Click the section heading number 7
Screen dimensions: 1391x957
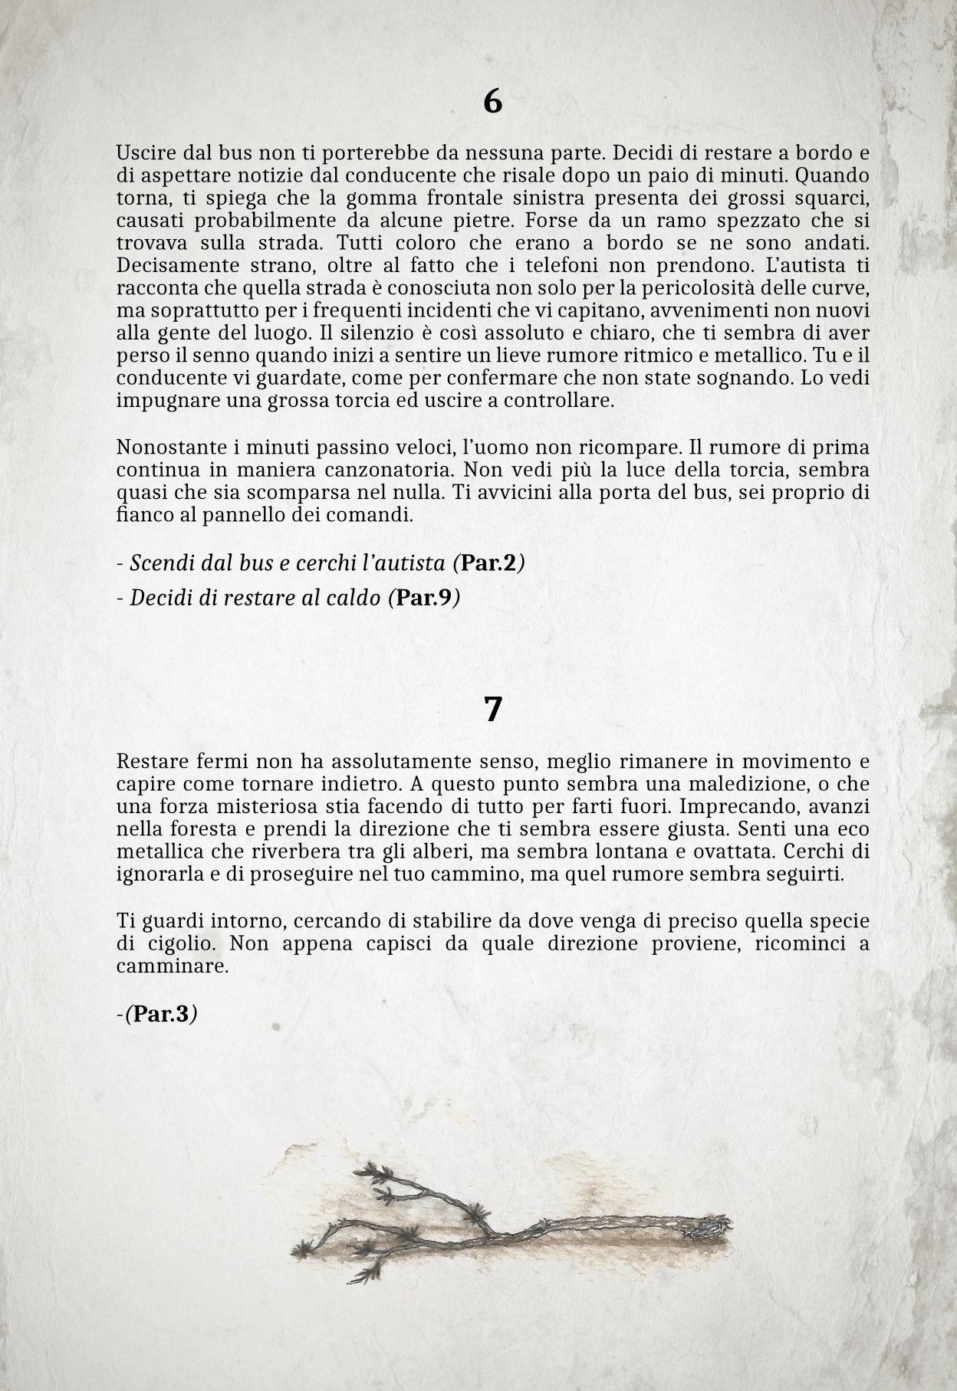coord(492,710)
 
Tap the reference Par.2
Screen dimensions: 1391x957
coord(488,564)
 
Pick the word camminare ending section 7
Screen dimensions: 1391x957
coord(172,966)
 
